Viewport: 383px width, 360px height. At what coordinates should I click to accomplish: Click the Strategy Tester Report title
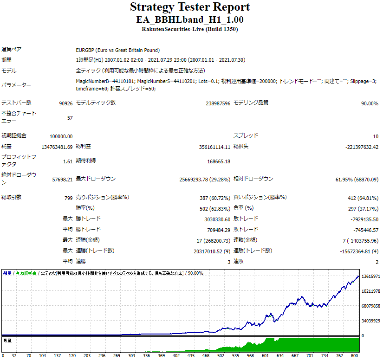[190, 7]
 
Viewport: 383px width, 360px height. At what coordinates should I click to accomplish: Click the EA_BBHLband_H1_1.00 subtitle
[190, 20]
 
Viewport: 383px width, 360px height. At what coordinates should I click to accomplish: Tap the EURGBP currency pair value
[117, 50]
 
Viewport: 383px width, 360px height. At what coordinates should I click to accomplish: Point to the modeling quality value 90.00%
[370, 103]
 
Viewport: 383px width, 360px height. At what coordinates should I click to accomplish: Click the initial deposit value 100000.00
[61, 136]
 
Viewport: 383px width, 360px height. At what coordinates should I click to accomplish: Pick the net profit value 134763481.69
[57, 148]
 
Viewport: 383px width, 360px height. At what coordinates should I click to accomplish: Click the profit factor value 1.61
[67, 162]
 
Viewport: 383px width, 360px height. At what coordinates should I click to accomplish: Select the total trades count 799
[68, 198]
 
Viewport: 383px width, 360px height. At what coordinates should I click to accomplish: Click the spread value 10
[375, 136]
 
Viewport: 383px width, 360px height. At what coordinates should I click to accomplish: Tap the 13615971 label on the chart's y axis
[370, 276]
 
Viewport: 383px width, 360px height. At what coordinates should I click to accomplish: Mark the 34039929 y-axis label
[370, 321]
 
